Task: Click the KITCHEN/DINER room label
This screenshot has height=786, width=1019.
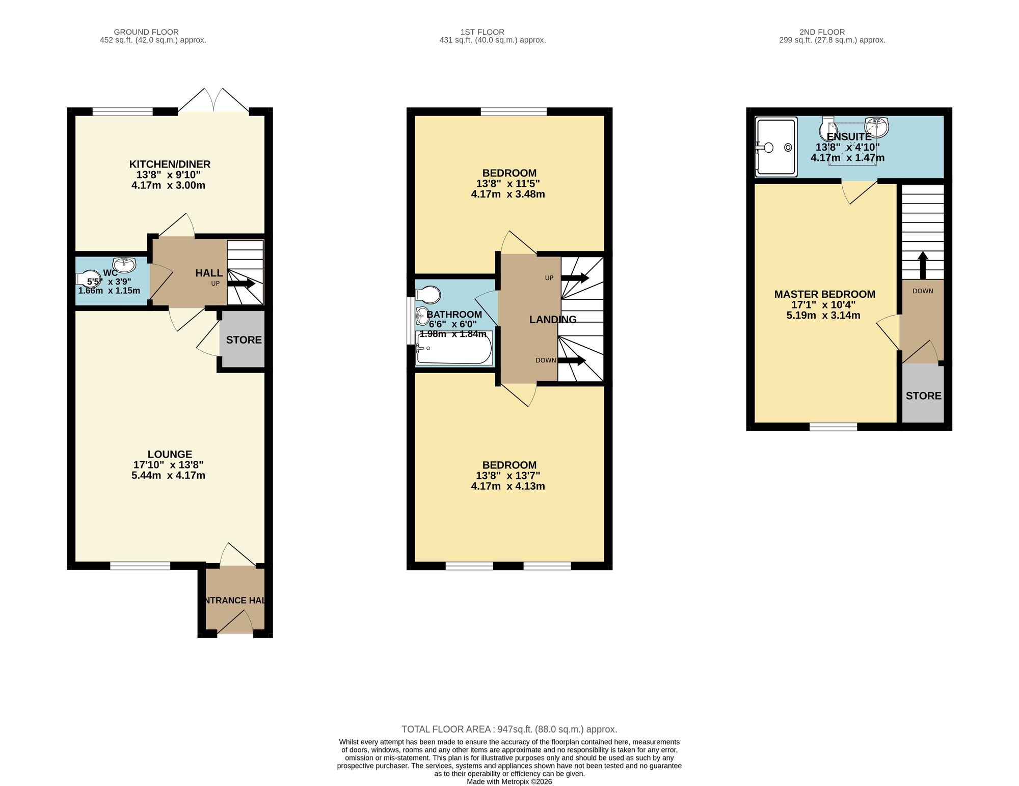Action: point(170,164)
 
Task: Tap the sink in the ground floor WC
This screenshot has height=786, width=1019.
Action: point(124,265)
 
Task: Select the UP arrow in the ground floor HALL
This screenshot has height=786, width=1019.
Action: point(240,284)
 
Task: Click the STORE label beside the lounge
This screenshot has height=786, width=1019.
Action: point(244,340)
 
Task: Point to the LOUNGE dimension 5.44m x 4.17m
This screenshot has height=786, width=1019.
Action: point(168,475)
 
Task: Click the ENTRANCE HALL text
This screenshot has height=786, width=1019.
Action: point(235,600)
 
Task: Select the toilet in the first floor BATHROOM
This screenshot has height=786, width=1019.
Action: point(427,294)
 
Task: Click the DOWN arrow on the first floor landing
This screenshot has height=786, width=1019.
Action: point(572,360)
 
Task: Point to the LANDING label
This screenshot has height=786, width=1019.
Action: point(553,320)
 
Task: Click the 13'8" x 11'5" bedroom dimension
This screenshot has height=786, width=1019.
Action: point(508,184)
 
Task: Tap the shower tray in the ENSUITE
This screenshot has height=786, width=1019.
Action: point(776,147)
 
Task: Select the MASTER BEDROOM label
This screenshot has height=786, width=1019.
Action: point(824,294)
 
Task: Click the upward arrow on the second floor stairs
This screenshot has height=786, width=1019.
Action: point(923,265)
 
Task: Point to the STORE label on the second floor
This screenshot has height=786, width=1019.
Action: point(923,396)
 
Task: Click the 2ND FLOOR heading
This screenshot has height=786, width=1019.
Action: point(822,32)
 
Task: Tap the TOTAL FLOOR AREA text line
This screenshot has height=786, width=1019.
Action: point(509,729)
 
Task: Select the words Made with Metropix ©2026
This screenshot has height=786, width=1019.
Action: point(509,781)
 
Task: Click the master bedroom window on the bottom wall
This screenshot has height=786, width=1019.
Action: point(833,427)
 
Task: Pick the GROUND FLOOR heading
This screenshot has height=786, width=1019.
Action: point(146,32)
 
